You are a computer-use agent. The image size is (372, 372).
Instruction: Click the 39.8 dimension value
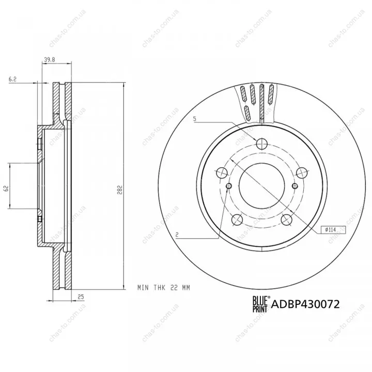50,60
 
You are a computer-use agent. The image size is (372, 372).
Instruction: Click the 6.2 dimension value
12,79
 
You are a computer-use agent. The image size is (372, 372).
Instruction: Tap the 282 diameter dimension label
119,190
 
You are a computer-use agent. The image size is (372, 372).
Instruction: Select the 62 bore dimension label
6,188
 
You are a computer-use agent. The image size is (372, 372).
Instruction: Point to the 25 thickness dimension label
81,297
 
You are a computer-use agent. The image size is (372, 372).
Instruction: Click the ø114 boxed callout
333,229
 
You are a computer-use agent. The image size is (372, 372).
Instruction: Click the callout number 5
195,119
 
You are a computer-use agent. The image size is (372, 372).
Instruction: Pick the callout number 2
177,235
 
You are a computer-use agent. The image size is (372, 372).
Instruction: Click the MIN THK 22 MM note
164,288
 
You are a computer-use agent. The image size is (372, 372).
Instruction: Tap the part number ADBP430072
305,304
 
